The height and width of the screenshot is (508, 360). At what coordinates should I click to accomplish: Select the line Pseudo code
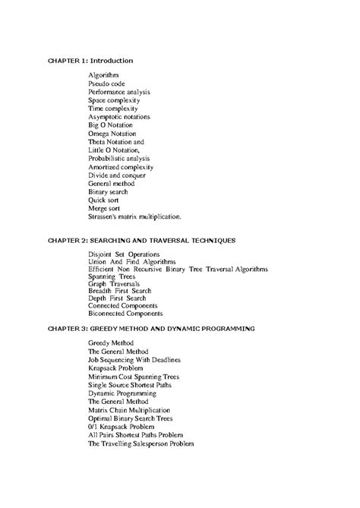[x=107, y=84]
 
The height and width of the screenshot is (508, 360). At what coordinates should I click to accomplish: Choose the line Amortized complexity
[x=121, y=166]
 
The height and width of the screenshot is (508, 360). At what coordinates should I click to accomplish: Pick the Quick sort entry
[x=105, y=200]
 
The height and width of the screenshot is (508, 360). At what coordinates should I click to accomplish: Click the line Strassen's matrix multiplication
[x=135, y=216]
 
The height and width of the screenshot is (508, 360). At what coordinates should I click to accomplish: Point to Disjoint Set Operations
[x=124, y=254]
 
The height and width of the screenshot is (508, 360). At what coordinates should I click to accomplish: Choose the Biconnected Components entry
[x=125, y=313]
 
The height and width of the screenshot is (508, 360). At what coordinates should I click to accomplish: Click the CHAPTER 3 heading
[x=151, y=328]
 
